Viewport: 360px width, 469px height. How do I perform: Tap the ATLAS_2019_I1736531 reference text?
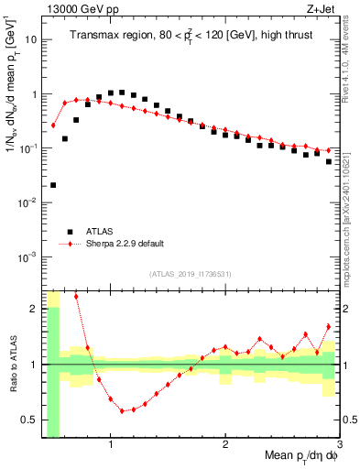point(190,274)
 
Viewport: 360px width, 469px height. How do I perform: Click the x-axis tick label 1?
point(111,446)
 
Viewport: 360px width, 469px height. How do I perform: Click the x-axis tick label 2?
point(225,446)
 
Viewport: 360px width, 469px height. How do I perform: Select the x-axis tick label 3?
point(338,446)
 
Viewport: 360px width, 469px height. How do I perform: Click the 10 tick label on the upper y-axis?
point(30,40)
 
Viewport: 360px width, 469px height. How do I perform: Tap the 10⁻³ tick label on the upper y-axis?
point(27,256)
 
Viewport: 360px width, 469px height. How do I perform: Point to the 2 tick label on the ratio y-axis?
point(35,309)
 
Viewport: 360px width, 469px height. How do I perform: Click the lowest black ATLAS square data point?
point(53,185)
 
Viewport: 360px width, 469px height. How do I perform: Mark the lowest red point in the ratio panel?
point(122,411)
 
